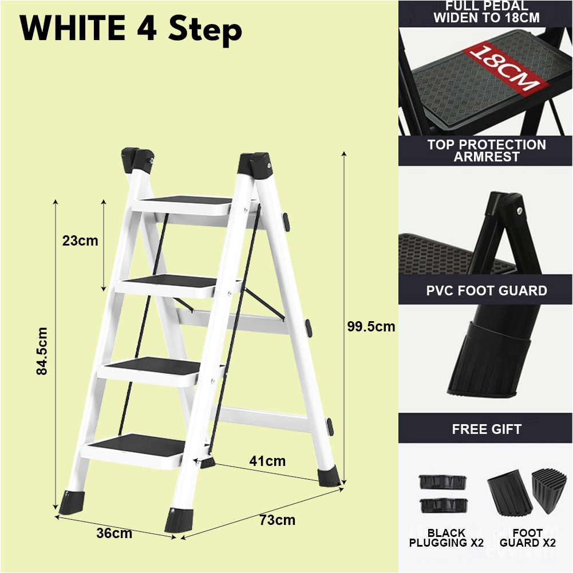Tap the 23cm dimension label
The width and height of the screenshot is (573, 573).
pyautogui.click(x=80, y=241)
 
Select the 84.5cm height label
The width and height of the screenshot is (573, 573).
pyautogui.click(x=41, y=351)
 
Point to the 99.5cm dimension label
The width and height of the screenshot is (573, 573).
pyautogui.click(x=371, y=327)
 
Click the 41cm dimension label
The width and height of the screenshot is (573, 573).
pyautogui.click(x=267, y=461)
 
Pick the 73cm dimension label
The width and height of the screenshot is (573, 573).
pyautogui.click(x=277, y=520)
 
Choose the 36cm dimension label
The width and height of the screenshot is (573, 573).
pyautogui.click(x=114, y=534)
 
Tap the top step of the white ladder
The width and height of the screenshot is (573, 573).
pyautogui.click(x=186, y=201)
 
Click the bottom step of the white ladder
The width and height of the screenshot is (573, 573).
pyautogui.click(x=137, y=444)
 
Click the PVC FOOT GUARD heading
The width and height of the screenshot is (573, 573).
pyautogui.click(x=486, y=291)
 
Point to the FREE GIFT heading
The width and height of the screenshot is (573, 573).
pyautogui.click(x=486, y=429)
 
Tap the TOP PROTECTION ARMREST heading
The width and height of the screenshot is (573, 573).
pyautogui.click(x=486, y=151)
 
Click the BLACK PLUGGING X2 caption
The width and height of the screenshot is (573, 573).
pyautogui.click(x=446, y=538)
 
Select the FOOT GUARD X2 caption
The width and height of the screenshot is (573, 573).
pyautogui.click(x=527, y=538)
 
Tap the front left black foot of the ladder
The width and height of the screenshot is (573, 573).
pyautogui.click(x=71, y=501)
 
